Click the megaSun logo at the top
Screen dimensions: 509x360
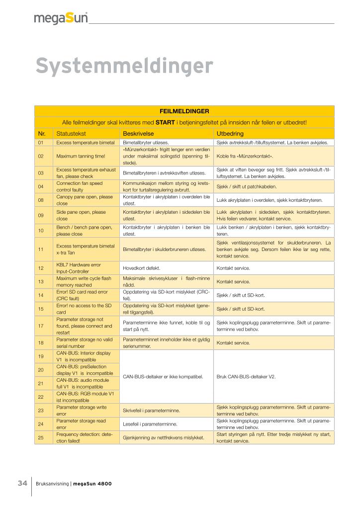(61, 19)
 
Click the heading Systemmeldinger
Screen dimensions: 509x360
(124, 66)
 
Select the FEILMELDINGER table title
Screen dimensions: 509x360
(184, 111)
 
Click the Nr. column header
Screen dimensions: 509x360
(42, 134)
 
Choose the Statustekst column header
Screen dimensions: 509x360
(72, 134)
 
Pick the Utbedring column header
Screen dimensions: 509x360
(229, 134)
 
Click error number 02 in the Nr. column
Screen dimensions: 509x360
(41, 156)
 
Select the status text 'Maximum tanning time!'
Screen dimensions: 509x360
(81, 156)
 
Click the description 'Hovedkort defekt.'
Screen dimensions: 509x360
(141, 268)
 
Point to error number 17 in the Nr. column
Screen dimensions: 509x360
(41, 326)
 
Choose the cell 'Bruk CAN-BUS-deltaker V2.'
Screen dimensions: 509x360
(246, 376)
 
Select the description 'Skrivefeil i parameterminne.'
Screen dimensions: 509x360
(151, 410)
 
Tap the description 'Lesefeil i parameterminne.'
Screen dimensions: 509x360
(150, 424)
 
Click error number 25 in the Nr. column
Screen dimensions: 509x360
(41, 437)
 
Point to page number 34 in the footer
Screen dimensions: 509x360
(22, 483)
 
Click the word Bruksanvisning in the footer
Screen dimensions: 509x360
(53, 484)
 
